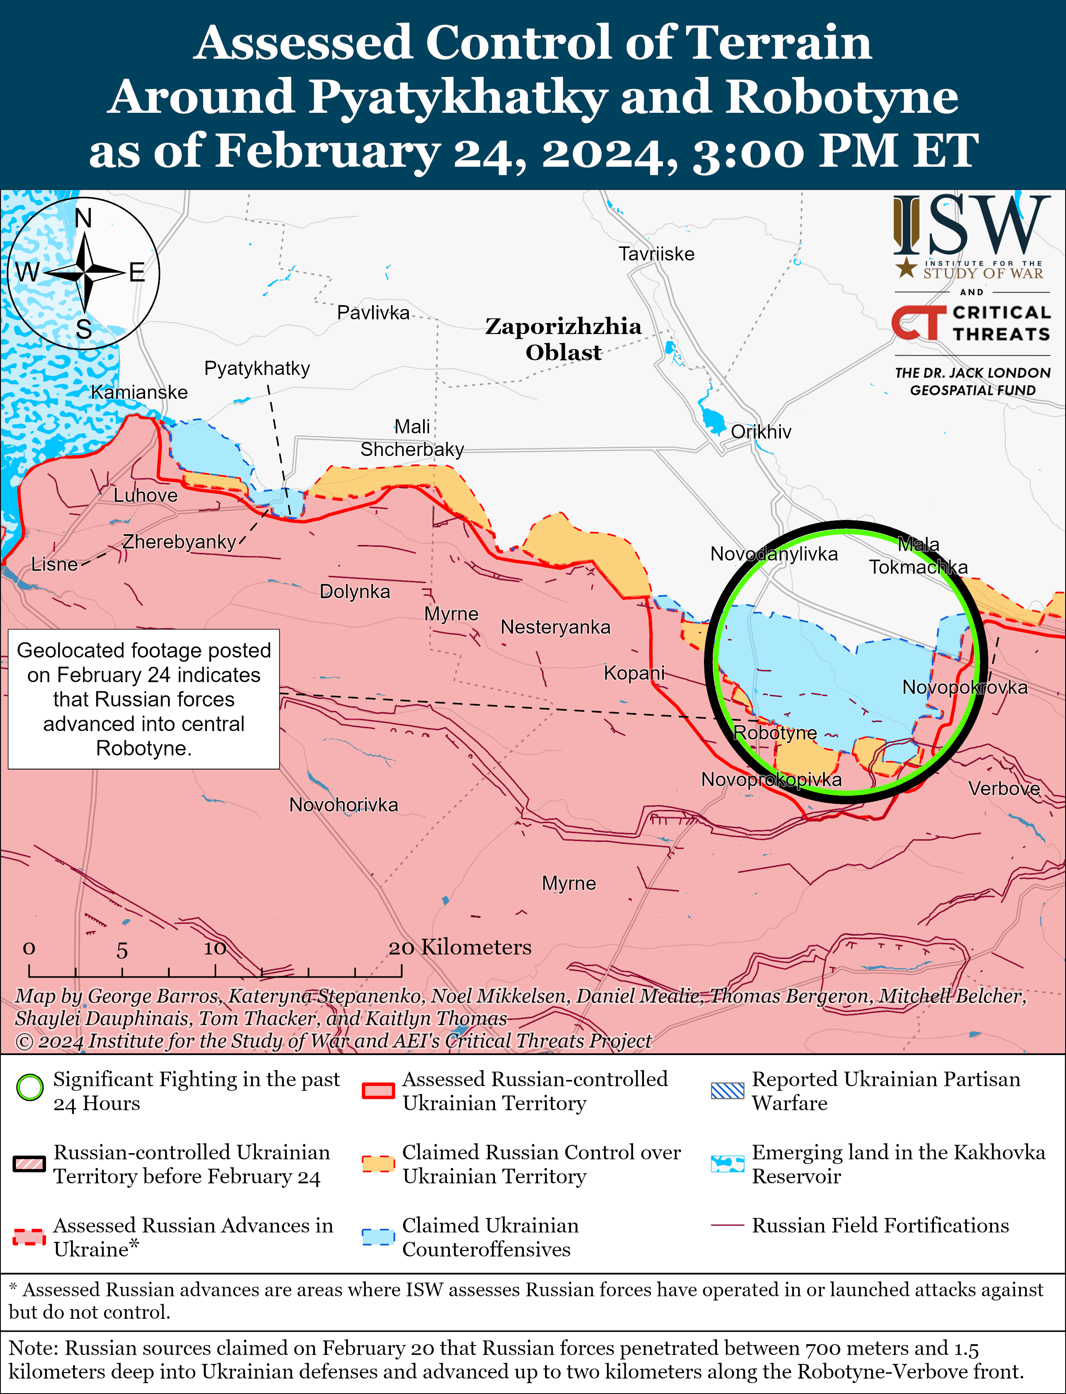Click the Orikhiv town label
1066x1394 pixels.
click(761, 432)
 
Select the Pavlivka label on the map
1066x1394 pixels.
click(373, 313)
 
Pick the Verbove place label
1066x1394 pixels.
click(1004, 789)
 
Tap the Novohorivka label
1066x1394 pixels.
click(343, 805)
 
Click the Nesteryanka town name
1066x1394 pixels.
click(555, 627)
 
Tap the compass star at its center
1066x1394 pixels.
click(84, 273)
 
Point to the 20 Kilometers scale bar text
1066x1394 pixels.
click(459, 947)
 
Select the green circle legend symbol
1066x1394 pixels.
click(30, 1088)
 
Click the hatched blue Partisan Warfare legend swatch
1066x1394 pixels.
click(727, 1091)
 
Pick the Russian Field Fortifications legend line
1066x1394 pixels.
click(727, 1225)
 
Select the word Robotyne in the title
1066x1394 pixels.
click(842, 97)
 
